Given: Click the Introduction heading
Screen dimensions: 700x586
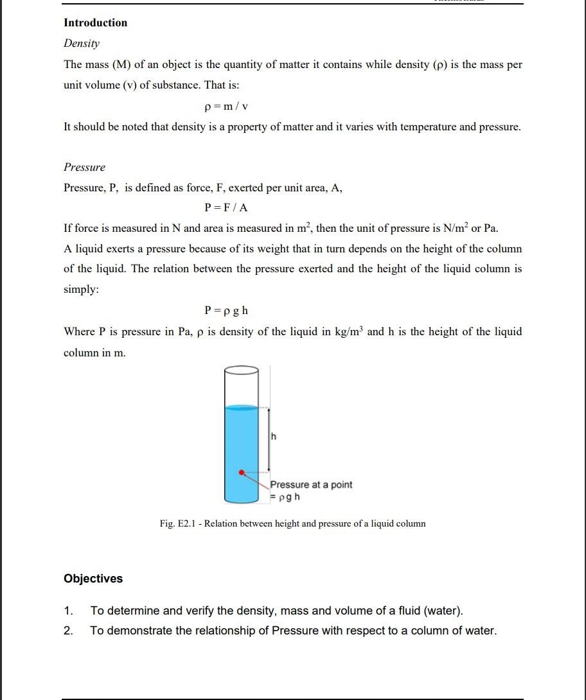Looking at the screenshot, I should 95,23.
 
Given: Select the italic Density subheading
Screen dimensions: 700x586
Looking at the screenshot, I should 82,44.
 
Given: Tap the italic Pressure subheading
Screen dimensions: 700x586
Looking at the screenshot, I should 84,168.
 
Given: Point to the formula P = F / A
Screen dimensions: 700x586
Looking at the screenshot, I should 226,207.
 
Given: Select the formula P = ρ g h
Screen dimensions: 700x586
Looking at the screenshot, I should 226,311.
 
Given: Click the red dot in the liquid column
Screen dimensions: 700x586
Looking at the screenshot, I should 242,473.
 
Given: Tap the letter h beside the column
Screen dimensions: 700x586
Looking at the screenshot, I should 274,437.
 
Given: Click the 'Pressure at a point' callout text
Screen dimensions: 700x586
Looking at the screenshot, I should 311,485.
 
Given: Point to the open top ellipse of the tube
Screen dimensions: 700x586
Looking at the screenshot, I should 242,370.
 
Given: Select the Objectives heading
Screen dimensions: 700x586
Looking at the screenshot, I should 93,579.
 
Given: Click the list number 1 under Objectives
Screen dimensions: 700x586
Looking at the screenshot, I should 68,611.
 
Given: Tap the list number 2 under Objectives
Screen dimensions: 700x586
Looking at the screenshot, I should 68,631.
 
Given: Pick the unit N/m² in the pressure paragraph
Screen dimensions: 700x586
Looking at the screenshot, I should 454,228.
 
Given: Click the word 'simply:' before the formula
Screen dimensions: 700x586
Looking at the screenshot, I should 81,290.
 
